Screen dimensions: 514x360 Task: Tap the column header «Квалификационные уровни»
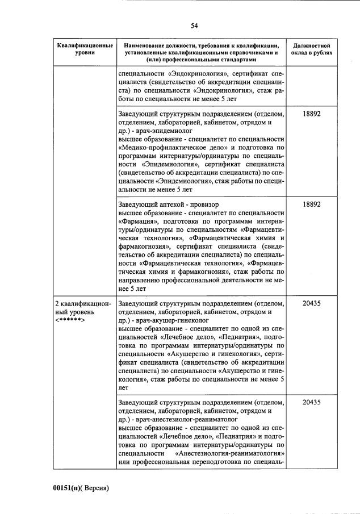click(x=84, y=48)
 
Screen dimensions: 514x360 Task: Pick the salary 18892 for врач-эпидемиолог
click(x=312, y=114)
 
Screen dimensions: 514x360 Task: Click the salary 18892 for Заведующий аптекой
click(x=312, y=203)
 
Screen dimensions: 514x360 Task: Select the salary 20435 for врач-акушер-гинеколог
click(x=312, y=303)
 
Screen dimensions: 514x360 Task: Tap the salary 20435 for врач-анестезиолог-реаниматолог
click(x=312, y=403)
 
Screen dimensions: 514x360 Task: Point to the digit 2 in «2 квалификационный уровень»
click(x=57, y=303)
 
